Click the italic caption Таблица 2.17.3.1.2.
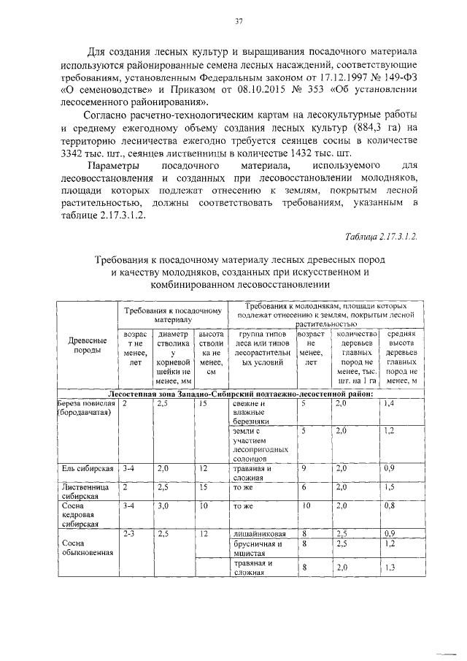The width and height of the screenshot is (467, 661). pos(380,234)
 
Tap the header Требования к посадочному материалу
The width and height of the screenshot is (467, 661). pos(172,315)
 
